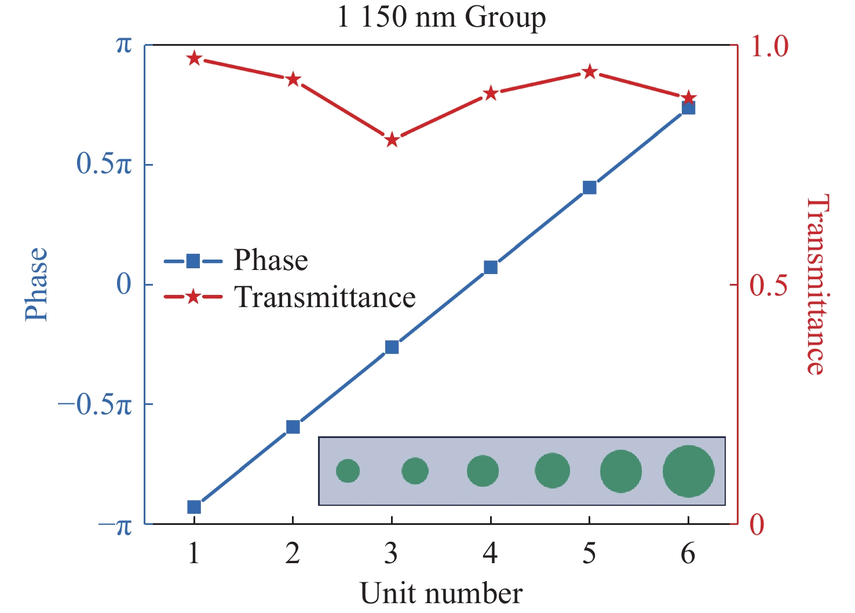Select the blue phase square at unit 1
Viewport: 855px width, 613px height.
(x=194, y=507)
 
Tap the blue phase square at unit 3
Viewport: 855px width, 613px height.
(x=392, y=347)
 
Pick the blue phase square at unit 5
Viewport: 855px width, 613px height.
(x=590, y=188)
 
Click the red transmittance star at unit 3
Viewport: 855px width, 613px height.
(x=392, y=140)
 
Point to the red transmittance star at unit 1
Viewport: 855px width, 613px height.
(x=194, y=59)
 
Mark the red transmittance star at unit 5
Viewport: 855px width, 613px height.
(x=590, y=72)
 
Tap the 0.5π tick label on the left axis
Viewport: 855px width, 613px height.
(x=104, y=165)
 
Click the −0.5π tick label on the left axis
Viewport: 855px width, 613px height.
(x=95, y=405)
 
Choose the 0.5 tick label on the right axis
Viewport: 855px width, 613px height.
(x=769, y=285)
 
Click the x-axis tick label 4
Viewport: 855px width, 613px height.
(x=490, y=554)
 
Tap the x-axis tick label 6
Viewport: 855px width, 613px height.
(x=688, y=554)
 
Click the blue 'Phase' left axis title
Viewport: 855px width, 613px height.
(x=36, y=284)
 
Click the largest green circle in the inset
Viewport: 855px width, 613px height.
(x=688, y=471)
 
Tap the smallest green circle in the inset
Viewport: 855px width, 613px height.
(x=348, y=471)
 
